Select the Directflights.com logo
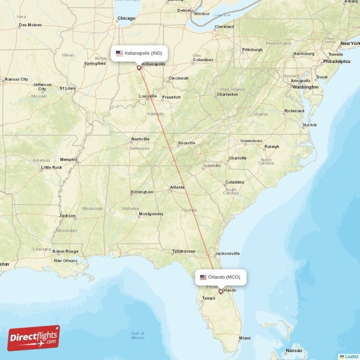(34, 338)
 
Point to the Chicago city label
(126, 18)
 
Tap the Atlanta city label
(177, 187)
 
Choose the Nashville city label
(140, 139)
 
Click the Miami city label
(245, 338)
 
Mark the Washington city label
(305, 87)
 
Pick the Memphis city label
(68, 159)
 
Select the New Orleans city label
(66, 261)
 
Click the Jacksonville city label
(227, 253)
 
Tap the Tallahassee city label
(184, 251)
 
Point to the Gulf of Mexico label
(138, 335)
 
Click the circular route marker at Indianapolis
(139, 68)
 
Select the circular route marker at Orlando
(220, 291)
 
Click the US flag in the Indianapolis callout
(119, 53)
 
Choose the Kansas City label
(17, 79)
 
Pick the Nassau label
(293, 350)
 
